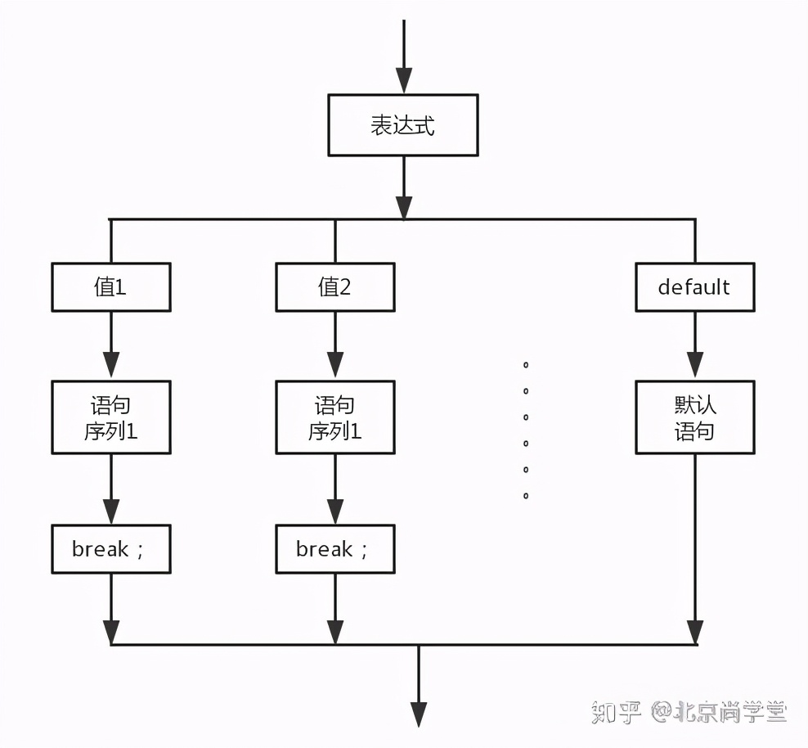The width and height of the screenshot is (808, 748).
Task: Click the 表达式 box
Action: pyautogui.click(x=402, y=125)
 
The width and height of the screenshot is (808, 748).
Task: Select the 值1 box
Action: pyautogui.click(x=111, y=287)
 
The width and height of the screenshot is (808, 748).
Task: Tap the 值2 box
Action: pyautogui.click(x=335, y=287)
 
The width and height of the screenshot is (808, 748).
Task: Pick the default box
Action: pyautogui.click(x=694, y=287)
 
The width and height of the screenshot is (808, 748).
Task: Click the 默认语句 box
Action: pyautogui.click(x=694, y=417)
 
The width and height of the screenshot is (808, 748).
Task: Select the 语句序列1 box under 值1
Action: pyautogui.click(x=111, y=417)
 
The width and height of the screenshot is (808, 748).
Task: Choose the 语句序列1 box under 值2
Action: pyautogui.click(x=335, y=417)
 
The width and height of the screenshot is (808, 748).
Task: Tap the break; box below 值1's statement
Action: pyautogui.click(x=111, y=549)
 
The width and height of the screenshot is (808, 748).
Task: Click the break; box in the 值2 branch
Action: pyautogui.click(x=335, y=549)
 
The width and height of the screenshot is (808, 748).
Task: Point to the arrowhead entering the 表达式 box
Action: pyautogui.click(x=404, y=81)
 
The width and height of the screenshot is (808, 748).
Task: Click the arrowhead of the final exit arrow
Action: pyautogui.click(x=419, y=714)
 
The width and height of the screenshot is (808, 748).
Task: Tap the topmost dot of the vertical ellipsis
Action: pyautogui.click(x=526, y=364)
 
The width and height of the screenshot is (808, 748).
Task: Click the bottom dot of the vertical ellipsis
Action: pyautogui.click(x=526, y=496)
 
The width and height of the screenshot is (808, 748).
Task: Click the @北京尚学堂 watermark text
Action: pyautogui.click(x=720, y=712)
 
